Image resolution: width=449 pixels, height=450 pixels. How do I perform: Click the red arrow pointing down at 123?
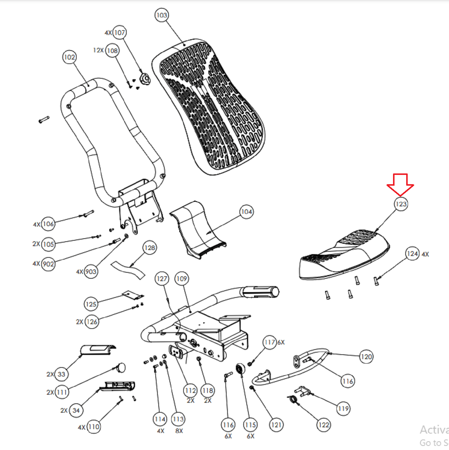click(x=400, y=184)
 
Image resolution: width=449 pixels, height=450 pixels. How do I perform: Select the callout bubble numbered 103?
click(x=162, y=15)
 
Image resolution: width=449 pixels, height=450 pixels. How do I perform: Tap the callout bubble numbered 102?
click(x=69, y=57)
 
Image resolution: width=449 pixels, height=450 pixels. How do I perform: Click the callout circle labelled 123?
click(x=401, y=204)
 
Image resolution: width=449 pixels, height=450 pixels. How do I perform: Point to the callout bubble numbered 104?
click(x=247, y=212)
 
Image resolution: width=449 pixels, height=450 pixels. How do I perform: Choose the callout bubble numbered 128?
click(x=150, y=248)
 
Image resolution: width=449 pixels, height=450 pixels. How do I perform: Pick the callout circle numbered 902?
click(x=48, y=264)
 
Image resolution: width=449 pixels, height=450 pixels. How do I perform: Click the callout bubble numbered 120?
click(x=366, y=357)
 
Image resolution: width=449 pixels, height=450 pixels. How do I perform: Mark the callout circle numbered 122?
click(x=324, y=425)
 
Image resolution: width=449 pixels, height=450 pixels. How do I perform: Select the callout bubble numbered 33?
click(x=61, y=374)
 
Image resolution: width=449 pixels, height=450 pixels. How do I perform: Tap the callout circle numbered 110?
click(x=94, y=427)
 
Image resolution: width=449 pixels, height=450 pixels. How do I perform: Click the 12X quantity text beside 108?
click(x=98, y=50)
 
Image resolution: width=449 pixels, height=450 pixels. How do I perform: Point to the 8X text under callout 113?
click(x=179, y=431)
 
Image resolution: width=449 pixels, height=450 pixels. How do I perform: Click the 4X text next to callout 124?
click(x=425, y=254)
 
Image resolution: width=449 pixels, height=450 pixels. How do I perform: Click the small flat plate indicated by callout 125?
click(x=132, y=295)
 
